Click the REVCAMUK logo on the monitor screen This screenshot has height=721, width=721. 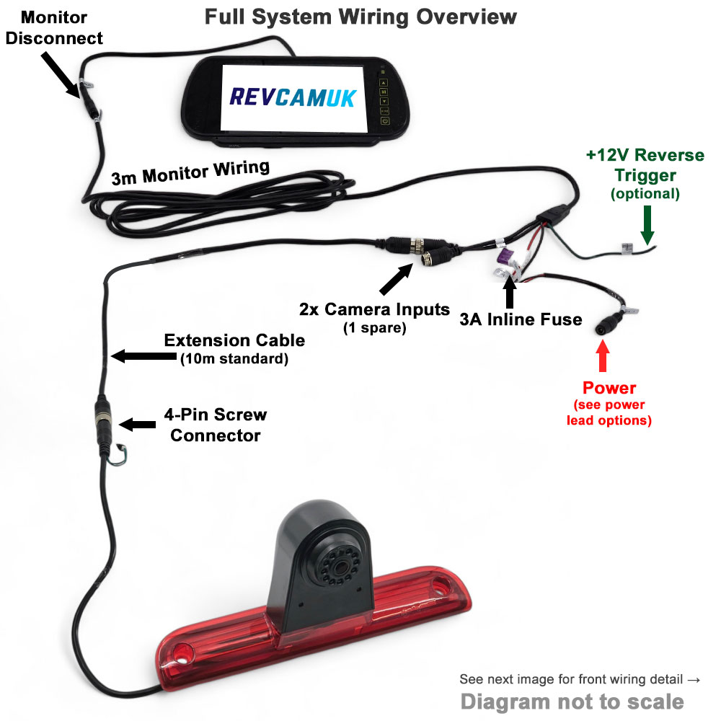click(292, 97)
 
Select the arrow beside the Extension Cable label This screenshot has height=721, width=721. click(137, 355)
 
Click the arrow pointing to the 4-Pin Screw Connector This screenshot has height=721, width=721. click(138, 424)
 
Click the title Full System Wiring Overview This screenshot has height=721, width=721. click(360, 16)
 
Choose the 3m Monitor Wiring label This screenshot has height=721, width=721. click(190, 173)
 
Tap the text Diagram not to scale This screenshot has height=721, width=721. click(572, 701)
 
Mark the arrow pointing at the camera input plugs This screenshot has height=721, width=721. click(396, 277)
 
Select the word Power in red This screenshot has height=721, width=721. click(609, 388)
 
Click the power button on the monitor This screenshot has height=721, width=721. click(385, 122)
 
